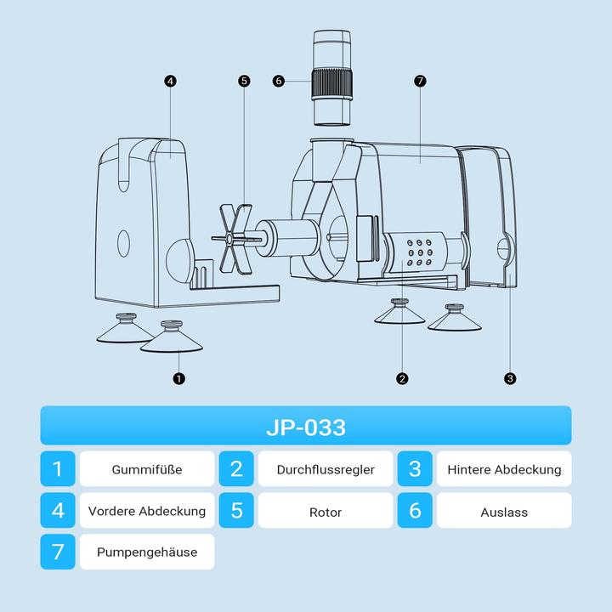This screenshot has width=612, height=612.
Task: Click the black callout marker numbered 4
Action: click(x=170, y=82)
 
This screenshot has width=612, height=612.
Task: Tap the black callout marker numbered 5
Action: click(x=244, y=82)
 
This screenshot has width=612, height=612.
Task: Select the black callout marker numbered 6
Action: click(x=279, y=82)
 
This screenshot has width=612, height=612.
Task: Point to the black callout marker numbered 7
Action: click(x=420, y=82)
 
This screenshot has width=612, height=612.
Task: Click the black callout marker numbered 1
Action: click(x=178, y=378)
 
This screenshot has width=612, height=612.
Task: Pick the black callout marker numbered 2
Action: click(x=402, y=378)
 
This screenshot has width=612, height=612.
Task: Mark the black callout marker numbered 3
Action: click(x=510, y=378)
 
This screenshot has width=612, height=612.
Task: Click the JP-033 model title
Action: click(x=306, y=428)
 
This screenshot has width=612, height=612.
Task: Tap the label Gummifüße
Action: click(x=147, y=469)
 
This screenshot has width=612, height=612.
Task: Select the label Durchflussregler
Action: click(x=326, y=469)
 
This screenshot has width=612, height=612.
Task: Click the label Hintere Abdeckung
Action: click(x=504, y=469)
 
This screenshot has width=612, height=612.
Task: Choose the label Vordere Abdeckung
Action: click(x=147, y=511)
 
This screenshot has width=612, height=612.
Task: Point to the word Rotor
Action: click(x=326, y=512)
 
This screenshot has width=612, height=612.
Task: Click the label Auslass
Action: click(x=504, y=512)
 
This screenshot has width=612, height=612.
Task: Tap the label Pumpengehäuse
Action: click(x=147, y=552)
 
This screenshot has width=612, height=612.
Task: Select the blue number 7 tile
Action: click(x=58, y=552)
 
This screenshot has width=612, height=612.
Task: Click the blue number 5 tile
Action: click(x=236, y=510)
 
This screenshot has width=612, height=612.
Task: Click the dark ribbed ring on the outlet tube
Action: click(x=331, y=83)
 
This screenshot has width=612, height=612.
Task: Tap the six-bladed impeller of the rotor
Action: click(x=234, y=239)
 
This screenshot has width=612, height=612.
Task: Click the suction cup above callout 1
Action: click(x=172, y=337)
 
